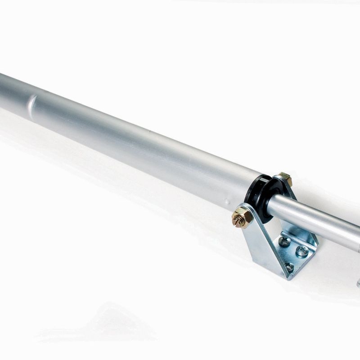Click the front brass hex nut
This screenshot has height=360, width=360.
242,217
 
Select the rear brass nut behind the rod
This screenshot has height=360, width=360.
284,179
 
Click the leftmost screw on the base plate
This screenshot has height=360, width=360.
284,242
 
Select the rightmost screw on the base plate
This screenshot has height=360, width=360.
302,251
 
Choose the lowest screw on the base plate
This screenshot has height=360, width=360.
288,267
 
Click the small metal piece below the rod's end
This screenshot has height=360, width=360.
358,283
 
